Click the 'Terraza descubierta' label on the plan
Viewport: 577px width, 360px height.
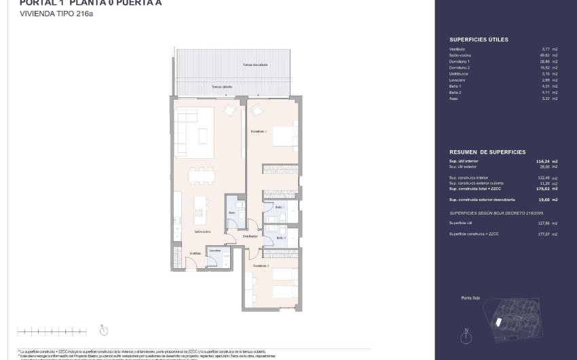coord(255,65)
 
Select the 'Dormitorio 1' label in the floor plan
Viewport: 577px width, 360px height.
coord(259,131)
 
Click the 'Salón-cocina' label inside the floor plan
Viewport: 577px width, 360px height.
coord(202,232)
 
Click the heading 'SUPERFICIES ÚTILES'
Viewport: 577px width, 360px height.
coord(479,40)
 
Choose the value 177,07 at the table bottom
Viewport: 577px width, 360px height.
coord(542,234)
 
